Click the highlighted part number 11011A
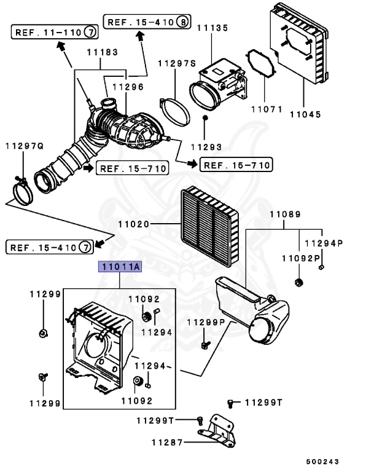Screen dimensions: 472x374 click(x=120, y=266)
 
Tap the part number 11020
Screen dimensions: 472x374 click(x=134, y=226)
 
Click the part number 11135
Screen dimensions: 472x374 click(x=211, y=28)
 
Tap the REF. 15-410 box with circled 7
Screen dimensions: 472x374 click(x=50, y=247)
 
